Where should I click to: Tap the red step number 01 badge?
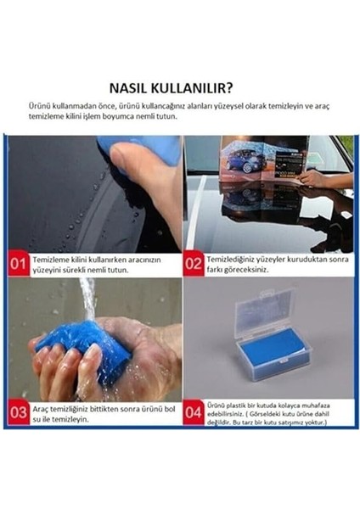tap(19, 264)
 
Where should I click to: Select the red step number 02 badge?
tap(194, 264)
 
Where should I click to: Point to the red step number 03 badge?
tap(19, 413)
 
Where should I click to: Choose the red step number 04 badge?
tap(194, 413)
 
